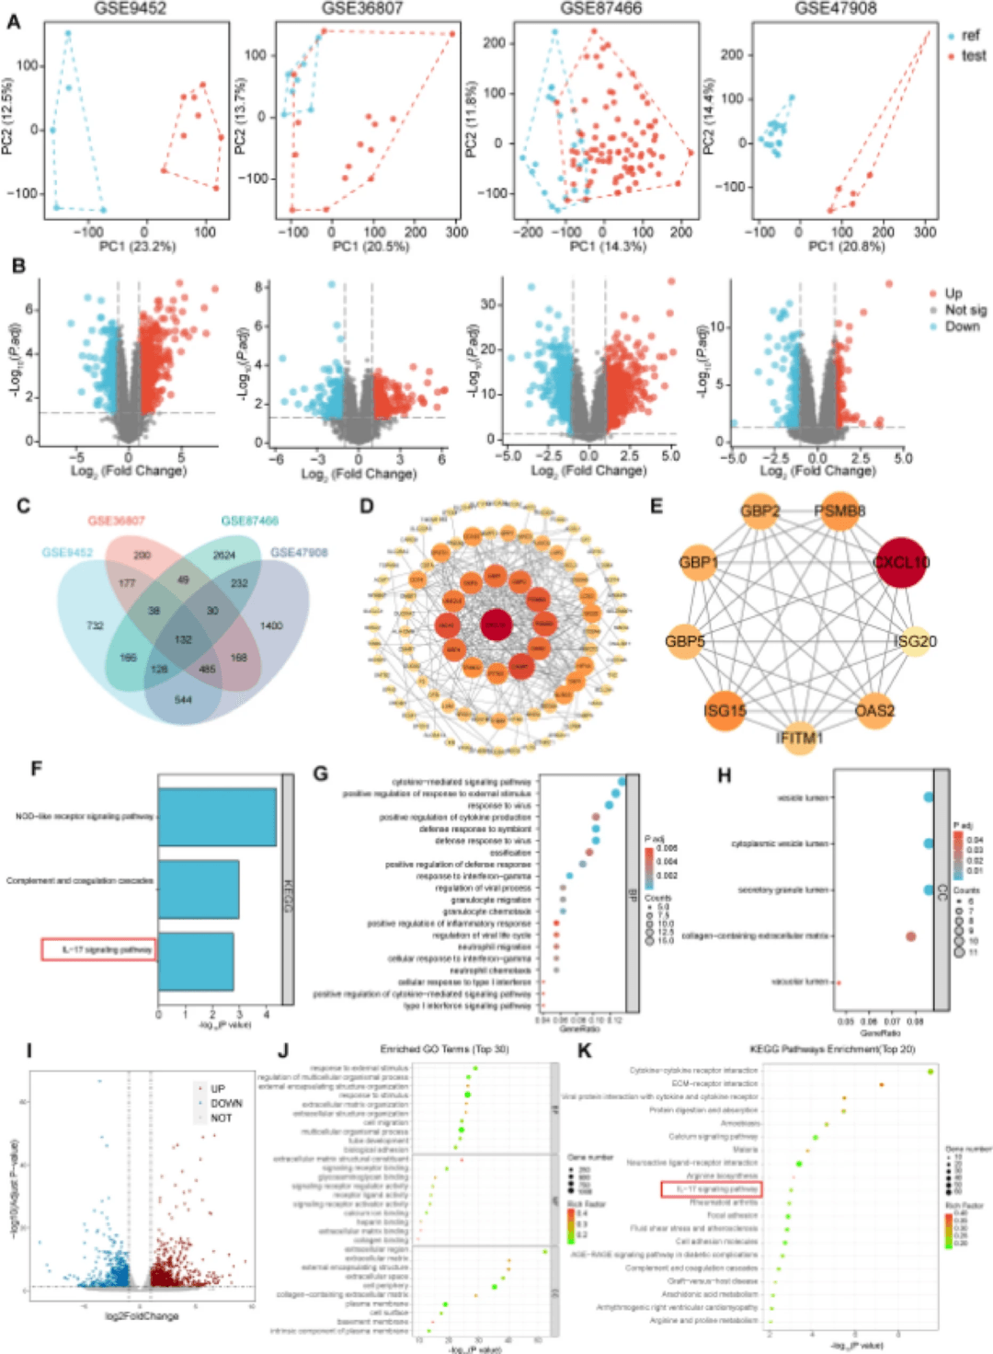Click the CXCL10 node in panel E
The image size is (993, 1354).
point(902,561)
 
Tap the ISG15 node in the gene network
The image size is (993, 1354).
point(725,710)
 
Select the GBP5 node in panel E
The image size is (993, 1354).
point(685,640)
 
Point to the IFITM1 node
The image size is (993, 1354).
point(799,738)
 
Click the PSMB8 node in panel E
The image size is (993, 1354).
point(839,511)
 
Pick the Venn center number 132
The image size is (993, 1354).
point(183,639)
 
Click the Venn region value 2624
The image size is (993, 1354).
point(224,555)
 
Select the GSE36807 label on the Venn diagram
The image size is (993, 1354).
point(116,521)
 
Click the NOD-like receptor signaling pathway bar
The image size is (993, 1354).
point(217,817)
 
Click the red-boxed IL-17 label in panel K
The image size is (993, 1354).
point(712,1189)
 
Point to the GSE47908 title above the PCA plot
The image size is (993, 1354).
point(836,8)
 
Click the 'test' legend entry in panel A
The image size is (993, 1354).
point(973,56)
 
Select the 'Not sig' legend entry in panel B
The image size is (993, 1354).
point(964,310)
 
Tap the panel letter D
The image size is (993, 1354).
point(367,506)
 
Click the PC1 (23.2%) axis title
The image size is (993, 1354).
point(137,247)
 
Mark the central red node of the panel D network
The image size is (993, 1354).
point(496,625)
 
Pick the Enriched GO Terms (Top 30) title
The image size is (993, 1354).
point(444,1050)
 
